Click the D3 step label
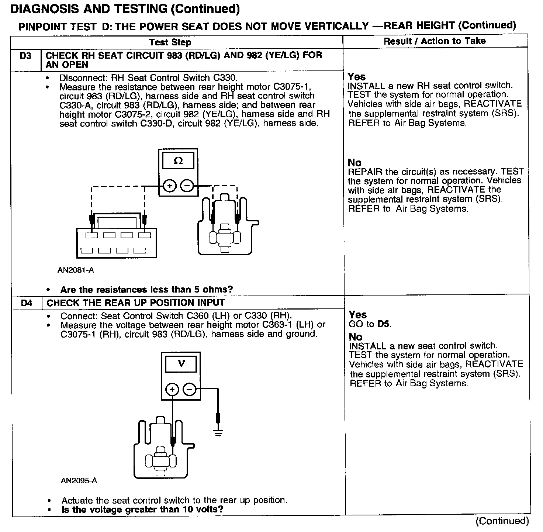25,56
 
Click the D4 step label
27,303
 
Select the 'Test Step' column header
170,42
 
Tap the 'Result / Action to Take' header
435,41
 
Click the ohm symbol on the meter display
178,161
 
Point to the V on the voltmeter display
181,364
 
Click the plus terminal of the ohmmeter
169,186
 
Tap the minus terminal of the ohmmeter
187,186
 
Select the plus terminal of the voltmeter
172,389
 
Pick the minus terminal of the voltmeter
190,389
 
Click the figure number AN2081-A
76,270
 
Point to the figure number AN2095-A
79,481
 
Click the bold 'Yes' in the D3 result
357,77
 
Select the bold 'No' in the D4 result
356,337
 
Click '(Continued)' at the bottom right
502,521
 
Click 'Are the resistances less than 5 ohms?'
146,290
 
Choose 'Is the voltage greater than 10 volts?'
142,510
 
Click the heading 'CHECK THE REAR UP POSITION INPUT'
136,303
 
